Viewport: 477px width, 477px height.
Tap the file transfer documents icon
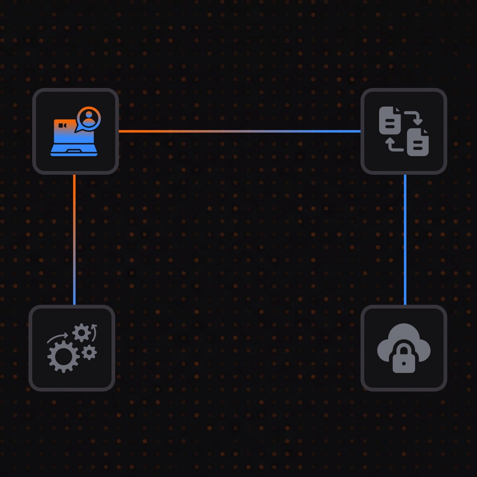pos(404,131)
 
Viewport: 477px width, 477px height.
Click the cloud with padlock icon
pos(404,348)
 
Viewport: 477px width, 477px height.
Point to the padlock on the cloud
pos(403,359)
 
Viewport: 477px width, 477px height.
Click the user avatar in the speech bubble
pos(89,117)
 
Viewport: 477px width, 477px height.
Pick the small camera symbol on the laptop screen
pos(62,125)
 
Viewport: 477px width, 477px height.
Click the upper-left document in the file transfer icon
pos(390,121)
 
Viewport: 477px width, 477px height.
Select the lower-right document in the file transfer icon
pos(418,142)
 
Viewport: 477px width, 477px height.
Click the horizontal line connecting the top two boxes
pos(240,131)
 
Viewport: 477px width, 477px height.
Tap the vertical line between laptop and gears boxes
pos(74,240)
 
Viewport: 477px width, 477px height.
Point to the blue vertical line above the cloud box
pos(405,240)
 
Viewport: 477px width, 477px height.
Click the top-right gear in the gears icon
pos(81,333)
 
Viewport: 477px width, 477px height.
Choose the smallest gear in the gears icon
pos(89,352)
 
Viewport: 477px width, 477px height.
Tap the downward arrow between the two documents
pos(415,117)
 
